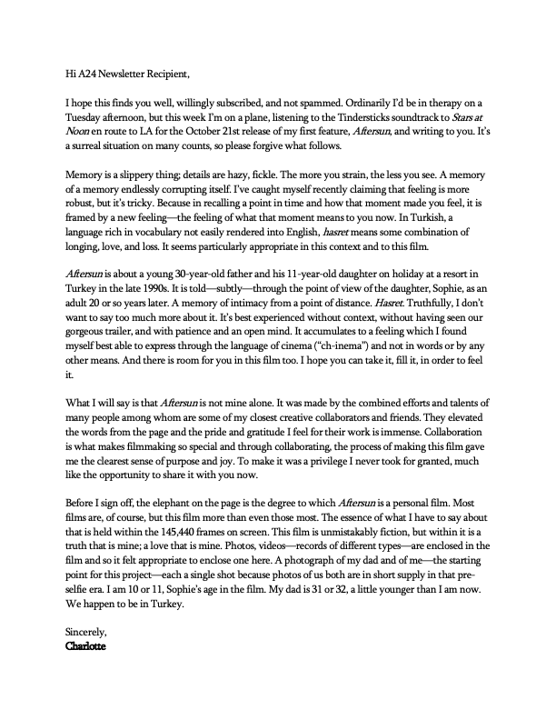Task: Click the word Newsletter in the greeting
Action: coord(132,67)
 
